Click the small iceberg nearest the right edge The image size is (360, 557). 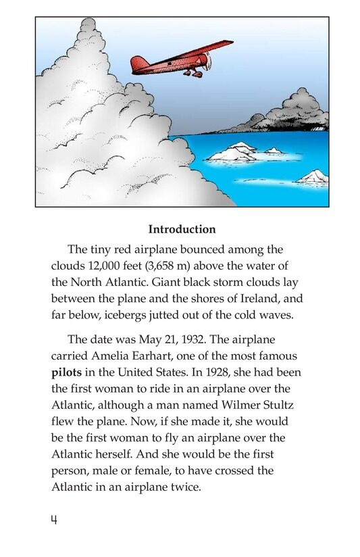click(x=313, y=177)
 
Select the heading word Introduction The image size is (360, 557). click(x=182, y=229)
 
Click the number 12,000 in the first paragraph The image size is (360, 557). click(x=102, y=265)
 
